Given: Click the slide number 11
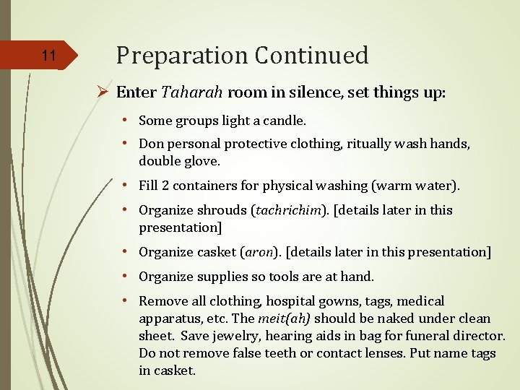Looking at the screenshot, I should coord(48,56).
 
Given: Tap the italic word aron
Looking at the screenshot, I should coord(260,252).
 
